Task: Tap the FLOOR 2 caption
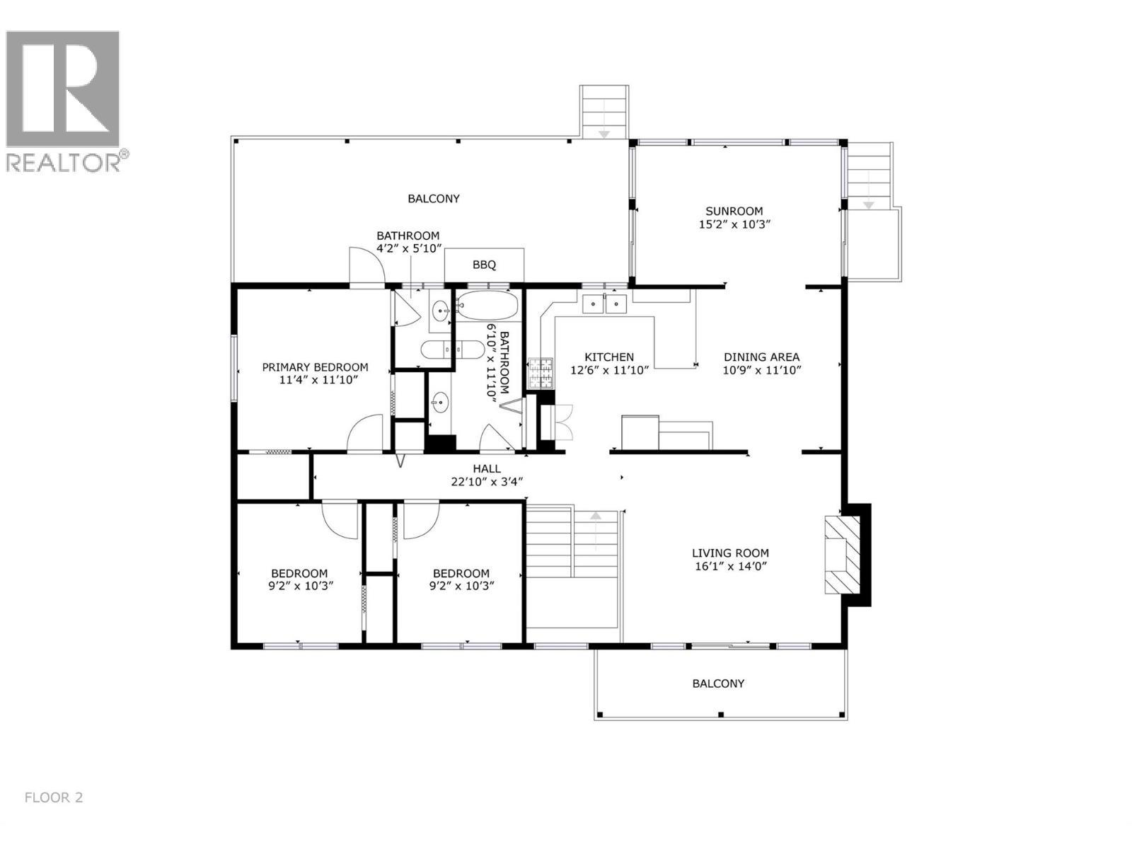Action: coord(54,797)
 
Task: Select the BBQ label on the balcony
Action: coord(484,265)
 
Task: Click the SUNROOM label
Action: coord(734,211)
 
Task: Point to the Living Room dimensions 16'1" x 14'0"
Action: coord(730,566)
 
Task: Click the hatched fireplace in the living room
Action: coord(842,555)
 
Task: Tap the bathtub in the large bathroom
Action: coord(487,306)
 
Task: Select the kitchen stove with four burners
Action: coord(541,374)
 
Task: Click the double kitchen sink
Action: coord(604,304)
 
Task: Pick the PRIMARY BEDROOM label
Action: coord(315,367)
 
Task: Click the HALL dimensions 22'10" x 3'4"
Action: coord(487,482)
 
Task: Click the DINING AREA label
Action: coord(761,357)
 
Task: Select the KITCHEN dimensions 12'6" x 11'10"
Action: coord(609,370)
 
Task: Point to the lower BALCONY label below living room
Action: coord(718,683)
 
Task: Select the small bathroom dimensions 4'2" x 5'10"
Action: coord(408,248)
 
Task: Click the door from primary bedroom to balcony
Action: coord(366,267)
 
